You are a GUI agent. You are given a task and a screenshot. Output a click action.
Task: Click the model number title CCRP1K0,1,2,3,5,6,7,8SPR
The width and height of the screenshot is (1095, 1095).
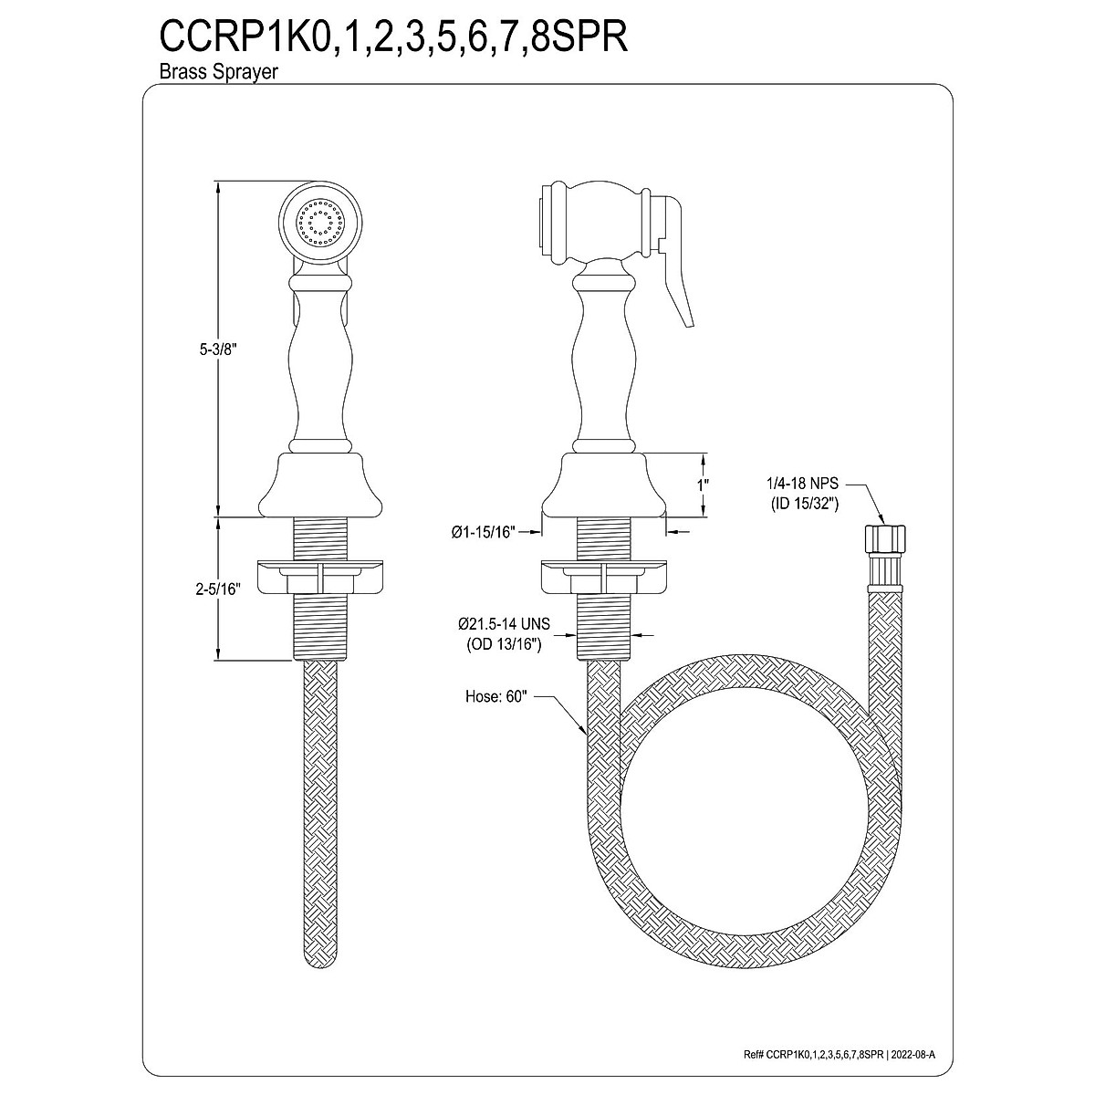(393, 38)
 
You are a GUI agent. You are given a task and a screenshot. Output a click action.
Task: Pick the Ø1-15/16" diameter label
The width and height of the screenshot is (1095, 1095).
(484, 532)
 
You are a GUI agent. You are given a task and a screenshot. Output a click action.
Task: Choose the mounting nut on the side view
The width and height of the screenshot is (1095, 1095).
(604, 578)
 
